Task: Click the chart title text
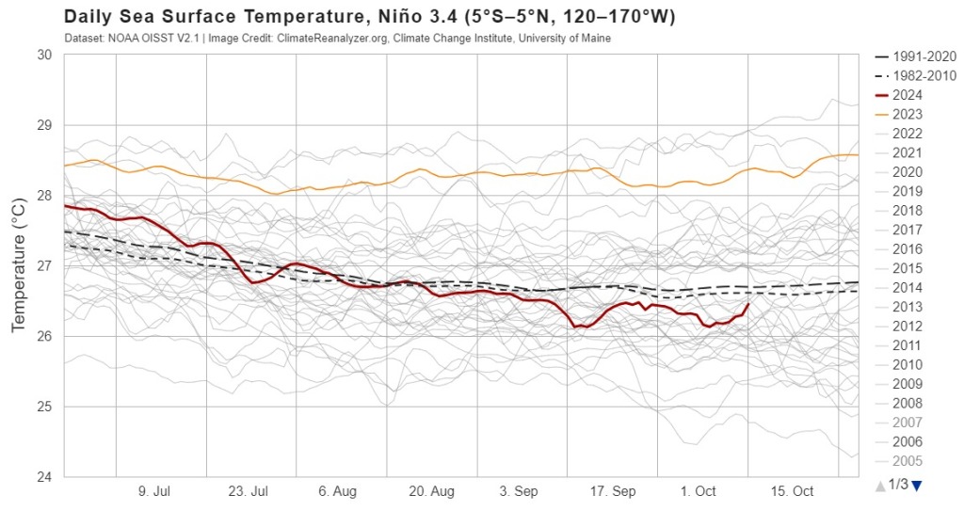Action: click(x=369, y=18)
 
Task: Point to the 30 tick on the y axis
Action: click(x=44, y=55)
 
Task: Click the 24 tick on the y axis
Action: click(x=44, y=477)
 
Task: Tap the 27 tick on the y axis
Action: click(x=44, y=266)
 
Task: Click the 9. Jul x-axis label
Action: click(x=154, y=492)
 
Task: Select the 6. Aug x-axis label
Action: click(x=337, y=492)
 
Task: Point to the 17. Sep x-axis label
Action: click(x=612, y=492)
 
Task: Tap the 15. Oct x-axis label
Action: click(x=792, y=492)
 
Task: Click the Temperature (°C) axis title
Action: click(x=19, y=266)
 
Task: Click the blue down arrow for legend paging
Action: click(x=916, y=485)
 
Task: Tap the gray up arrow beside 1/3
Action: click(x=879, y=486)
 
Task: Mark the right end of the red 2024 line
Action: click(x=748, y=304)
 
